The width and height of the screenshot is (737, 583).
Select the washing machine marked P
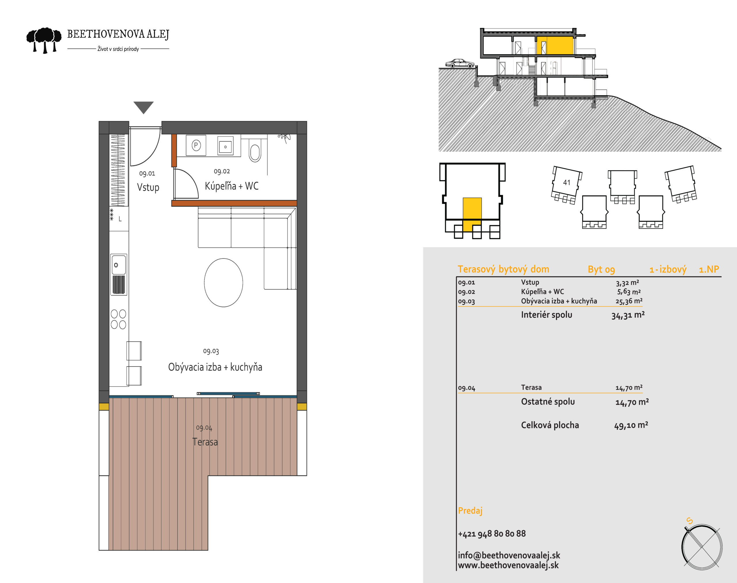[x=196, y=145]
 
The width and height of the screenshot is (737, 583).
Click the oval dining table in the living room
[x=224, y=283]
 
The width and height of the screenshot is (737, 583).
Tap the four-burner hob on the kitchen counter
[x=118, y=319]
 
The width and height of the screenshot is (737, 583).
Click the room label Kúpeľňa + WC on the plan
[x=231, y=186]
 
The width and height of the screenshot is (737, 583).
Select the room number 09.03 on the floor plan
[x=211, y=351]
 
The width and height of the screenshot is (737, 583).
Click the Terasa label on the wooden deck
[x=205, y=442]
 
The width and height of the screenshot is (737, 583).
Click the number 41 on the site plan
[x=567, y=183]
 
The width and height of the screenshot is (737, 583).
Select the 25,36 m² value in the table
[x=629, y=301]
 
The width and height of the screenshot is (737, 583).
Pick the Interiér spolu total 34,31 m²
[x=628, y=315]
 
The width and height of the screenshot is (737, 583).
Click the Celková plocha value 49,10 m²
[x=631, y=425]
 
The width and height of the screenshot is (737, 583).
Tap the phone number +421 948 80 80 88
[x=492, y=533]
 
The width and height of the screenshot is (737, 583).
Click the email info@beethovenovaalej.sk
[x=509, y=555]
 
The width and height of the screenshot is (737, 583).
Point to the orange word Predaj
[x=470, y=511]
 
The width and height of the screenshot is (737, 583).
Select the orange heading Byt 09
[x=601, y=270]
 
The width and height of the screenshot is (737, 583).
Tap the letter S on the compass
[x=689, y=521]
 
